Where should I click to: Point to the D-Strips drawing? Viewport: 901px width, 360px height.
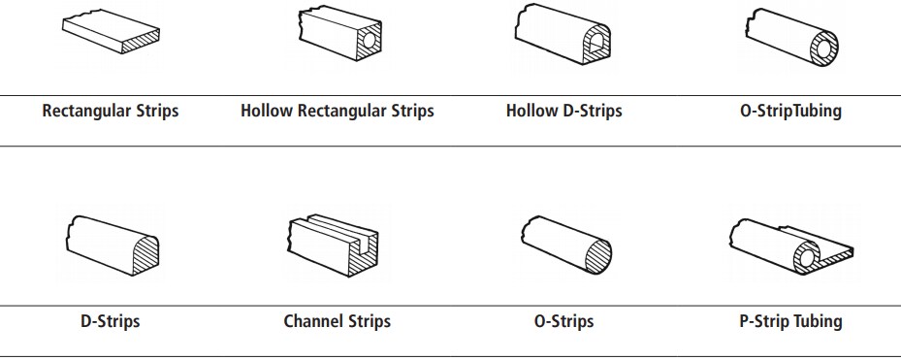pyautogui.click(x=111, y=243)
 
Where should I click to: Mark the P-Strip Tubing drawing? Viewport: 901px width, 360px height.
pyautogui.click(x=790, y=245)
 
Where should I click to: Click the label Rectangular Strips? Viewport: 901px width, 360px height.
pyautogui.click(x=111, y=111)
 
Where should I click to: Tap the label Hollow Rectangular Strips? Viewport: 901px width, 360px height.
pyautogui.click(x=338, y=111)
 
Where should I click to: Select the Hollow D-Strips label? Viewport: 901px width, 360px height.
pyautogui.click(x=564, y=111)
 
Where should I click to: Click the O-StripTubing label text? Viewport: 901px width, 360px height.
pyautogui.click(x=790, y=111)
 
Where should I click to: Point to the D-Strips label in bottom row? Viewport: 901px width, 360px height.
pyautogui.click(x=111, y=321)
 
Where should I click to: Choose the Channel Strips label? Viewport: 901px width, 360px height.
pyautogui.click(x=338, y=321)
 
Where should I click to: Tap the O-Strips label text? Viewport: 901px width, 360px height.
pyautogui.click(x=564, y=321)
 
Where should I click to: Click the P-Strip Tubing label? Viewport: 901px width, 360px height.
pyautogui.click(x=790, y=321)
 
